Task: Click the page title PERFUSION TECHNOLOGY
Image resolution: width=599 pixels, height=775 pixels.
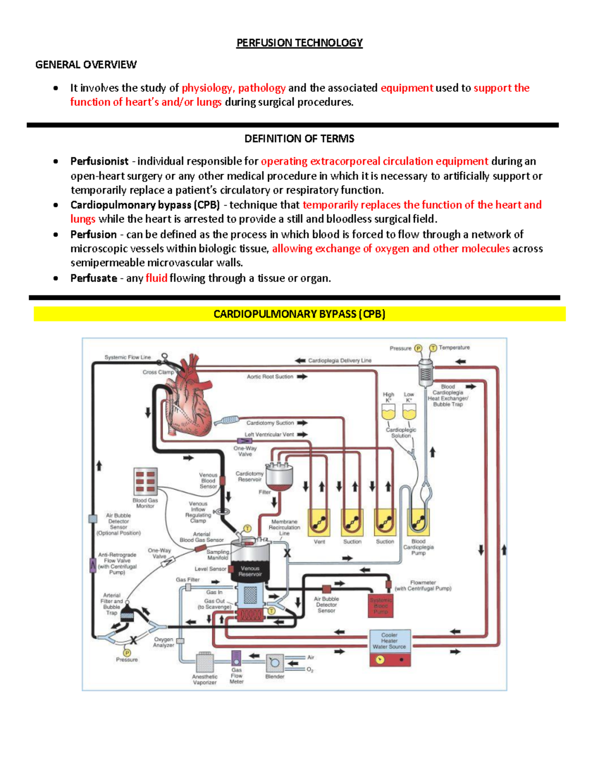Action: pos(299,43)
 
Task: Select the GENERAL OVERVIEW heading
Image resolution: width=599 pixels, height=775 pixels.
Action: pos(86,64)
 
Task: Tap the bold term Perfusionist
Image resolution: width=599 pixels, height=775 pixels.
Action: pos(99,161)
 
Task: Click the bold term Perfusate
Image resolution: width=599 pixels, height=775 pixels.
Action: pos(94,278)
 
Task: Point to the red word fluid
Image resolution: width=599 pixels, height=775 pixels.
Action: pos(156,278)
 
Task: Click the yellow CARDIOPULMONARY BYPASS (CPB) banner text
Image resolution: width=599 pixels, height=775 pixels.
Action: pos(299,314)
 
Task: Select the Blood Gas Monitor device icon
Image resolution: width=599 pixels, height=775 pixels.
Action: pos(145,481)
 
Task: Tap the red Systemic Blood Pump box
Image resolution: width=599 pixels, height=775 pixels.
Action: pos(381,606)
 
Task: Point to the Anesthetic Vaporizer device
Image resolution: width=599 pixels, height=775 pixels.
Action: pos(205,662)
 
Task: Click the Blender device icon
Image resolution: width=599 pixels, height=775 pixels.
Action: pos(275,663)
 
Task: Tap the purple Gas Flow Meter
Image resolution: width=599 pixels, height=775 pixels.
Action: pos(236,658)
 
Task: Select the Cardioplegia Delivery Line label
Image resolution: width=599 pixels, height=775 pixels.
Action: pos(339,360)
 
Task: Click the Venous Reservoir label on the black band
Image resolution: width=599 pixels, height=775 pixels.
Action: pos(250,571)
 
